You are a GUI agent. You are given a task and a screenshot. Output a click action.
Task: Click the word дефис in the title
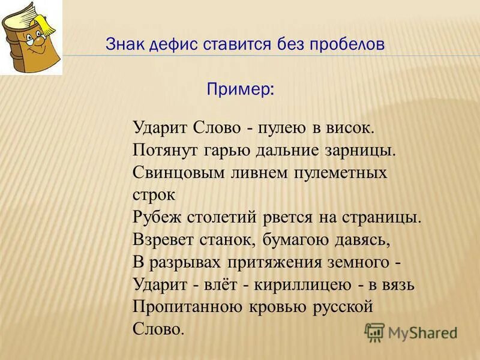(x=170, y=45)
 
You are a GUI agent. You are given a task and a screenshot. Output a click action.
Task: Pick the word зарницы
(x=367, y=151)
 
